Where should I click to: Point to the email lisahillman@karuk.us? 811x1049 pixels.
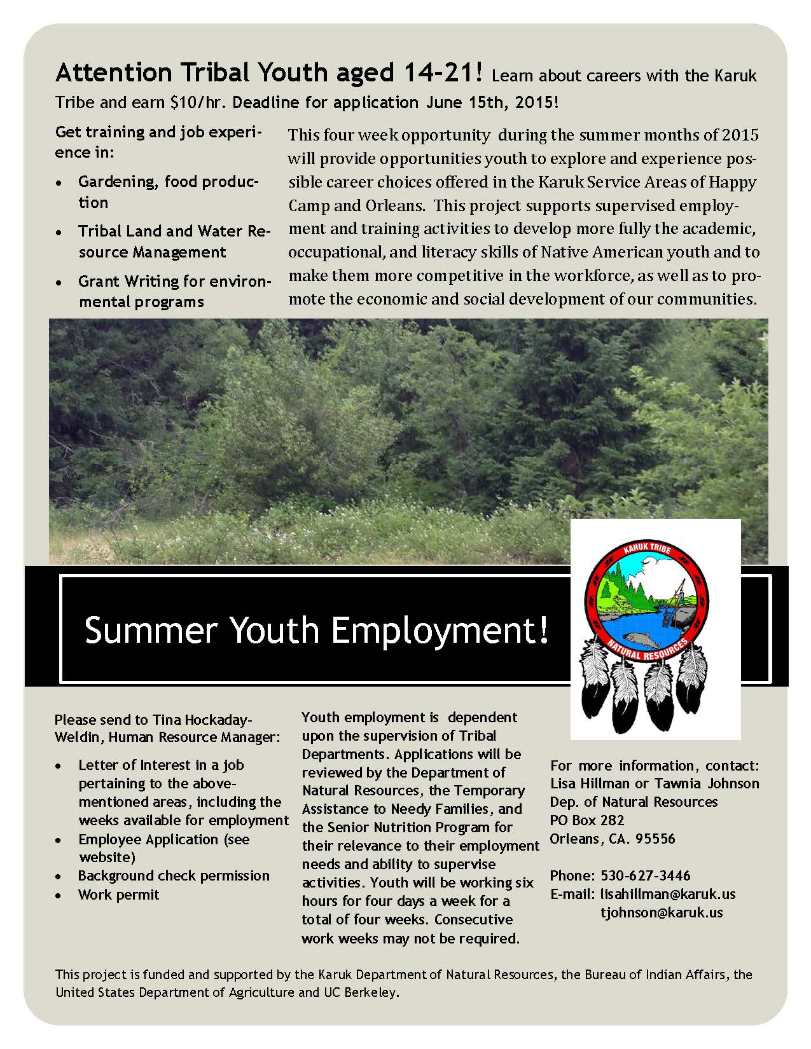[667, 894]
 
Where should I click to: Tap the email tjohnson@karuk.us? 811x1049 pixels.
[662, 912]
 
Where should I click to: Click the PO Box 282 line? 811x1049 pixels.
[587, 820]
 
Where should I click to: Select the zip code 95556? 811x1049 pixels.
[655, 839]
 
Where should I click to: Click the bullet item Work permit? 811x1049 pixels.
[118, 895]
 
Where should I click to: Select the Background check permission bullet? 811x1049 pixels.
[174, 875]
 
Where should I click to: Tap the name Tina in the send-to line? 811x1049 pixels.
[165, 720]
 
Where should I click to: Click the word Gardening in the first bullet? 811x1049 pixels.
[117, 181]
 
